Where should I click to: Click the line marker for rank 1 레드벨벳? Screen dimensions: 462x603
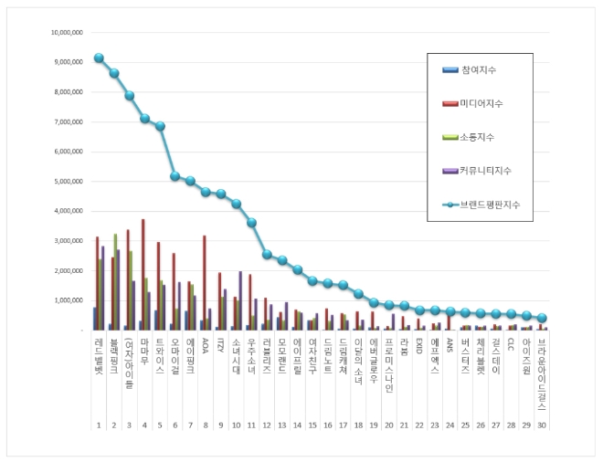[99, 58]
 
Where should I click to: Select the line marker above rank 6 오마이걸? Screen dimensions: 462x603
[175, 175]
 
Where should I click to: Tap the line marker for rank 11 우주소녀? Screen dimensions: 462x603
[252, 223]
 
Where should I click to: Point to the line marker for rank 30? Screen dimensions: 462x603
[542, 318]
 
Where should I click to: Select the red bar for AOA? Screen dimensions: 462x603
[205, 282]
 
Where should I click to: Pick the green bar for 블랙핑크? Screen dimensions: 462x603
[115, 281]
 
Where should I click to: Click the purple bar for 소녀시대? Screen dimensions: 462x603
[240, 299]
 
